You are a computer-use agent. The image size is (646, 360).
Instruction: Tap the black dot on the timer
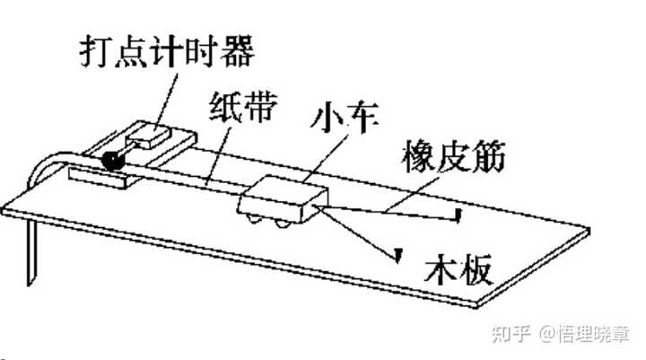point(114,162)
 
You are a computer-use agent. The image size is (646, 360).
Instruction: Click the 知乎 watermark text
point(515,335)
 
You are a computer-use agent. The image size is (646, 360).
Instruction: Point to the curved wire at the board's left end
point(49,166)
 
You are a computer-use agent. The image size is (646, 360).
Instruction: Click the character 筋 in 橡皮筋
point(488,158)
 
